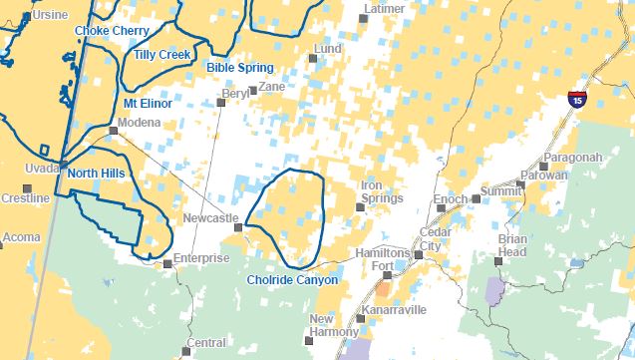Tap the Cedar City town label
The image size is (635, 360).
click(x=430, y=239)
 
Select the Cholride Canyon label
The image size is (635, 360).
click(x=293, y=280)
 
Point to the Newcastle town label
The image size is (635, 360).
click(x=210, y=218)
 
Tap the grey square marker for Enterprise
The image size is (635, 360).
click(x=166, y=264)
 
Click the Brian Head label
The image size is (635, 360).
click(x=512, y=246)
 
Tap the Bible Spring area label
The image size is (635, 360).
click(x=239, y=68)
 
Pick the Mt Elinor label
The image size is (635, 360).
click(x=148, y=103)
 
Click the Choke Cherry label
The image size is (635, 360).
click(x=111, y=31)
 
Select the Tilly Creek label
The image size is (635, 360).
click(x=163, y=54)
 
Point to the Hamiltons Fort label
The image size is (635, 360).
click(x=383, y=259)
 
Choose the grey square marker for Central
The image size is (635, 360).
click(x=184, y=351)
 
